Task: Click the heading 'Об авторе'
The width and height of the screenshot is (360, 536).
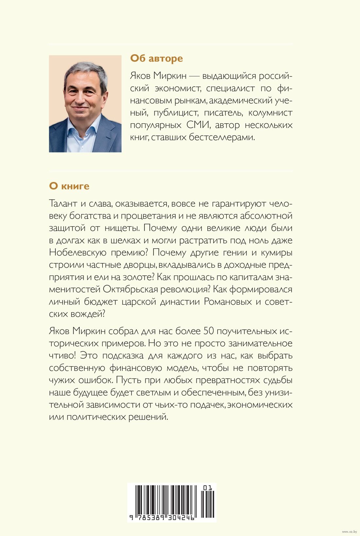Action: [x=156, y=58]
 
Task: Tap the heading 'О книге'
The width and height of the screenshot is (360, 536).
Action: [x=69, y=186]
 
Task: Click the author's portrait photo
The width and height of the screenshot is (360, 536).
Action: [x=85, y=104]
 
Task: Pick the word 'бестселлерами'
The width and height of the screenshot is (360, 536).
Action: [x=222, y=137]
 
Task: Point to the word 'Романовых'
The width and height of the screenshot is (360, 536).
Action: [x=228, y=301]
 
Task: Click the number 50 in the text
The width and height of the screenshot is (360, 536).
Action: [x=209, y=331]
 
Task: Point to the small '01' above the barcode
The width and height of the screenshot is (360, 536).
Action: [x=207, y=488]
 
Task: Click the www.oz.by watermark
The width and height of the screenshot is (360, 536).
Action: [x=350, y=532]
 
